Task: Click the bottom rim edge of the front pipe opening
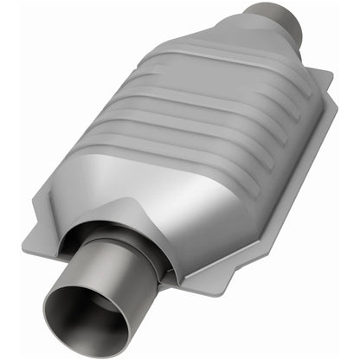pos(87,351)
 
